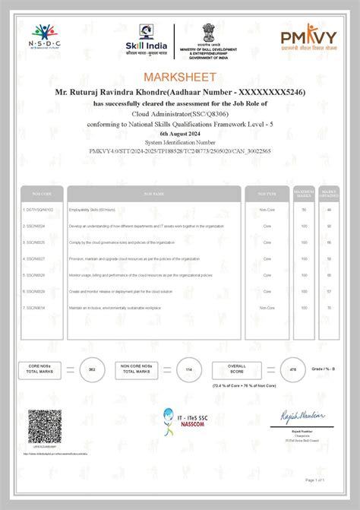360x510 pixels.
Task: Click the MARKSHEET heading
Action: tap(180, 77)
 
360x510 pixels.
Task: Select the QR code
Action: tap(44, 424)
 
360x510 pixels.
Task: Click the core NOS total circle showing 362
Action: tap(92, 369)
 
